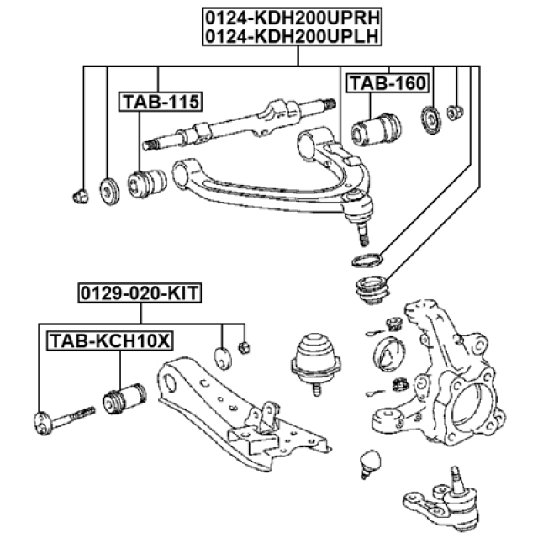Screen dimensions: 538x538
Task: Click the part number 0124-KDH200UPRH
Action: [x=292, y=16]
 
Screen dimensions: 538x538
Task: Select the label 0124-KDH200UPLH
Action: [x=292, y=35]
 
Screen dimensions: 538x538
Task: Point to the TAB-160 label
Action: [x=388, y=82]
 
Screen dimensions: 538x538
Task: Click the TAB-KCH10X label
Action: [x=110, y=341]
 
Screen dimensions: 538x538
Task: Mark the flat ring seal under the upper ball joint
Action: [x=367, y=259]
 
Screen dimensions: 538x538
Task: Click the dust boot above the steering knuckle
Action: [x=370, y=291]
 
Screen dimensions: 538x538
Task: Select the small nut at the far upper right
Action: [x=455, y=113]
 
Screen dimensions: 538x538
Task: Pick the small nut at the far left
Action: [x=80, y=197]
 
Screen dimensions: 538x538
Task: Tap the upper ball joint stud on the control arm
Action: [x=361, y=221]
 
